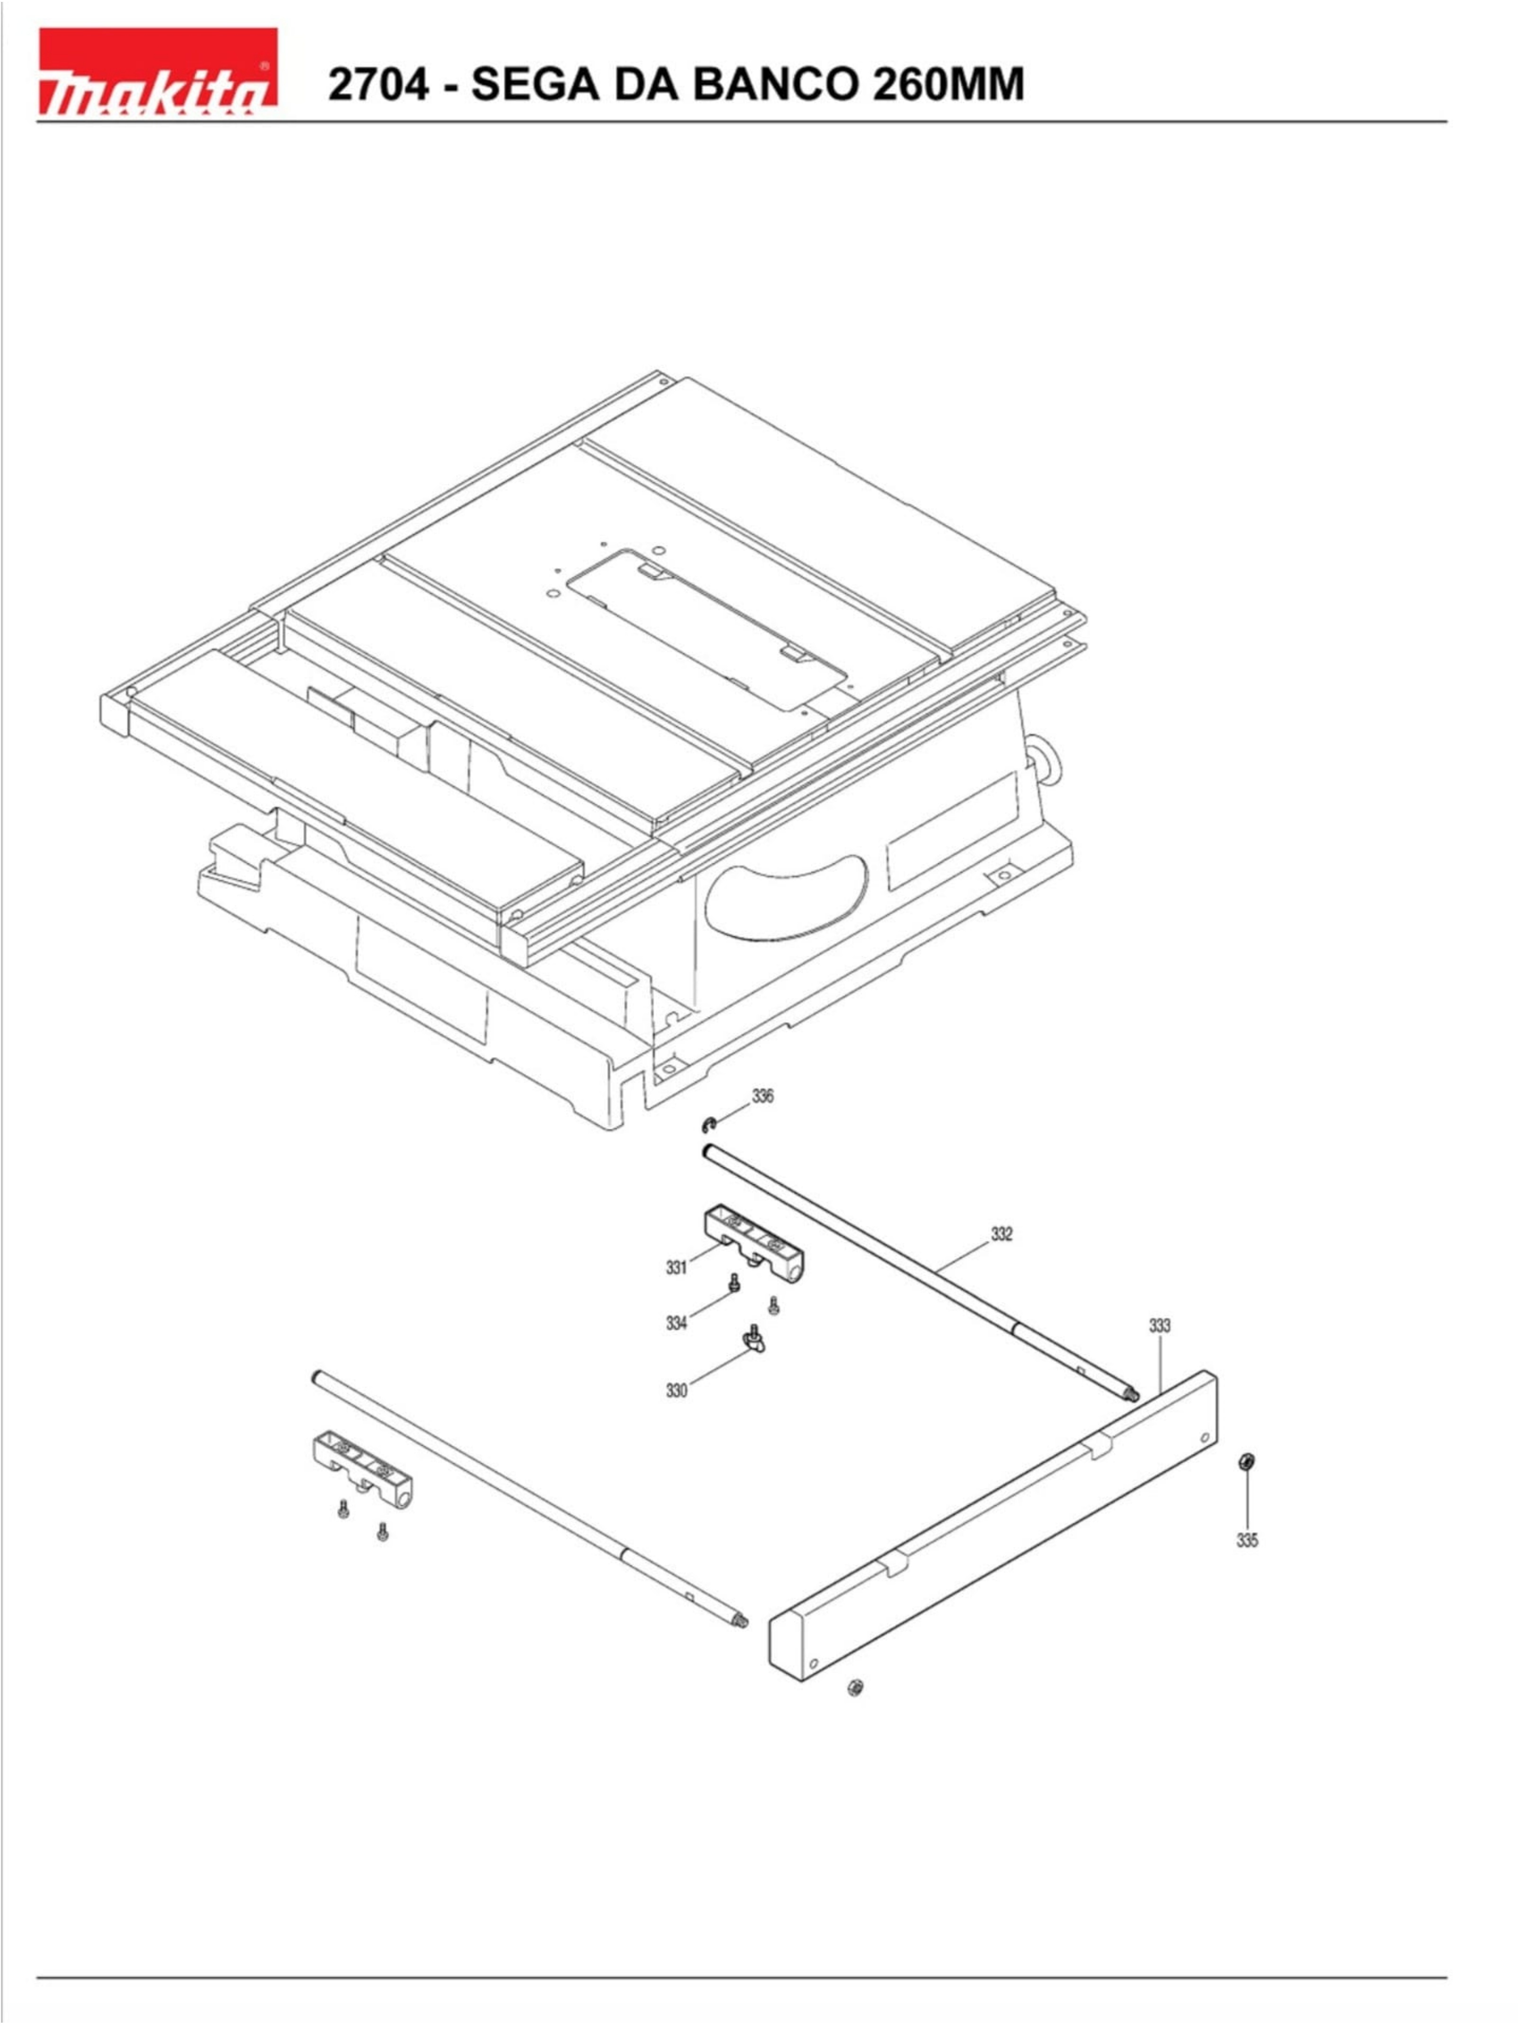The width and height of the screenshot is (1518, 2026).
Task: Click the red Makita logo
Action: pos(158,71)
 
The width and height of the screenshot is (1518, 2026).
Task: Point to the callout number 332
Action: pos(1001,1235)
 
